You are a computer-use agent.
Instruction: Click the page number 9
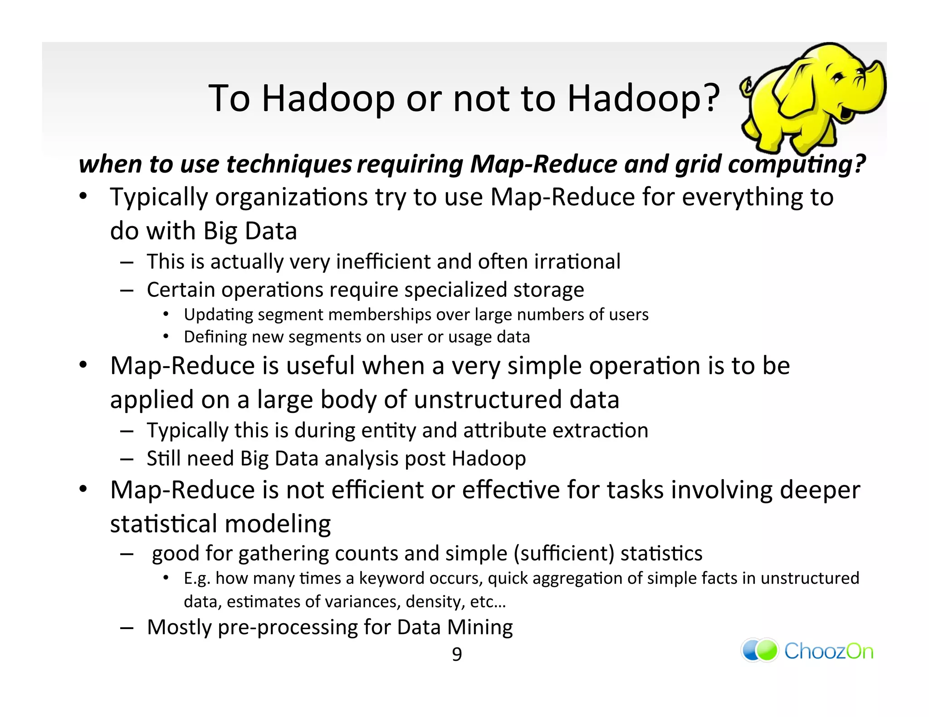[x=457, y=654]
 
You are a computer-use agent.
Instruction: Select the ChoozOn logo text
[x=828, y=651]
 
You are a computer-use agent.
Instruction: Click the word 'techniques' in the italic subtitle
[x=288, y=164]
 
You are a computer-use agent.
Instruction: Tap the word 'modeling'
[x=278, y=524]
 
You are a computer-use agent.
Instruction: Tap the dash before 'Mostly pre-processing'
[x=127, y=628]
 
